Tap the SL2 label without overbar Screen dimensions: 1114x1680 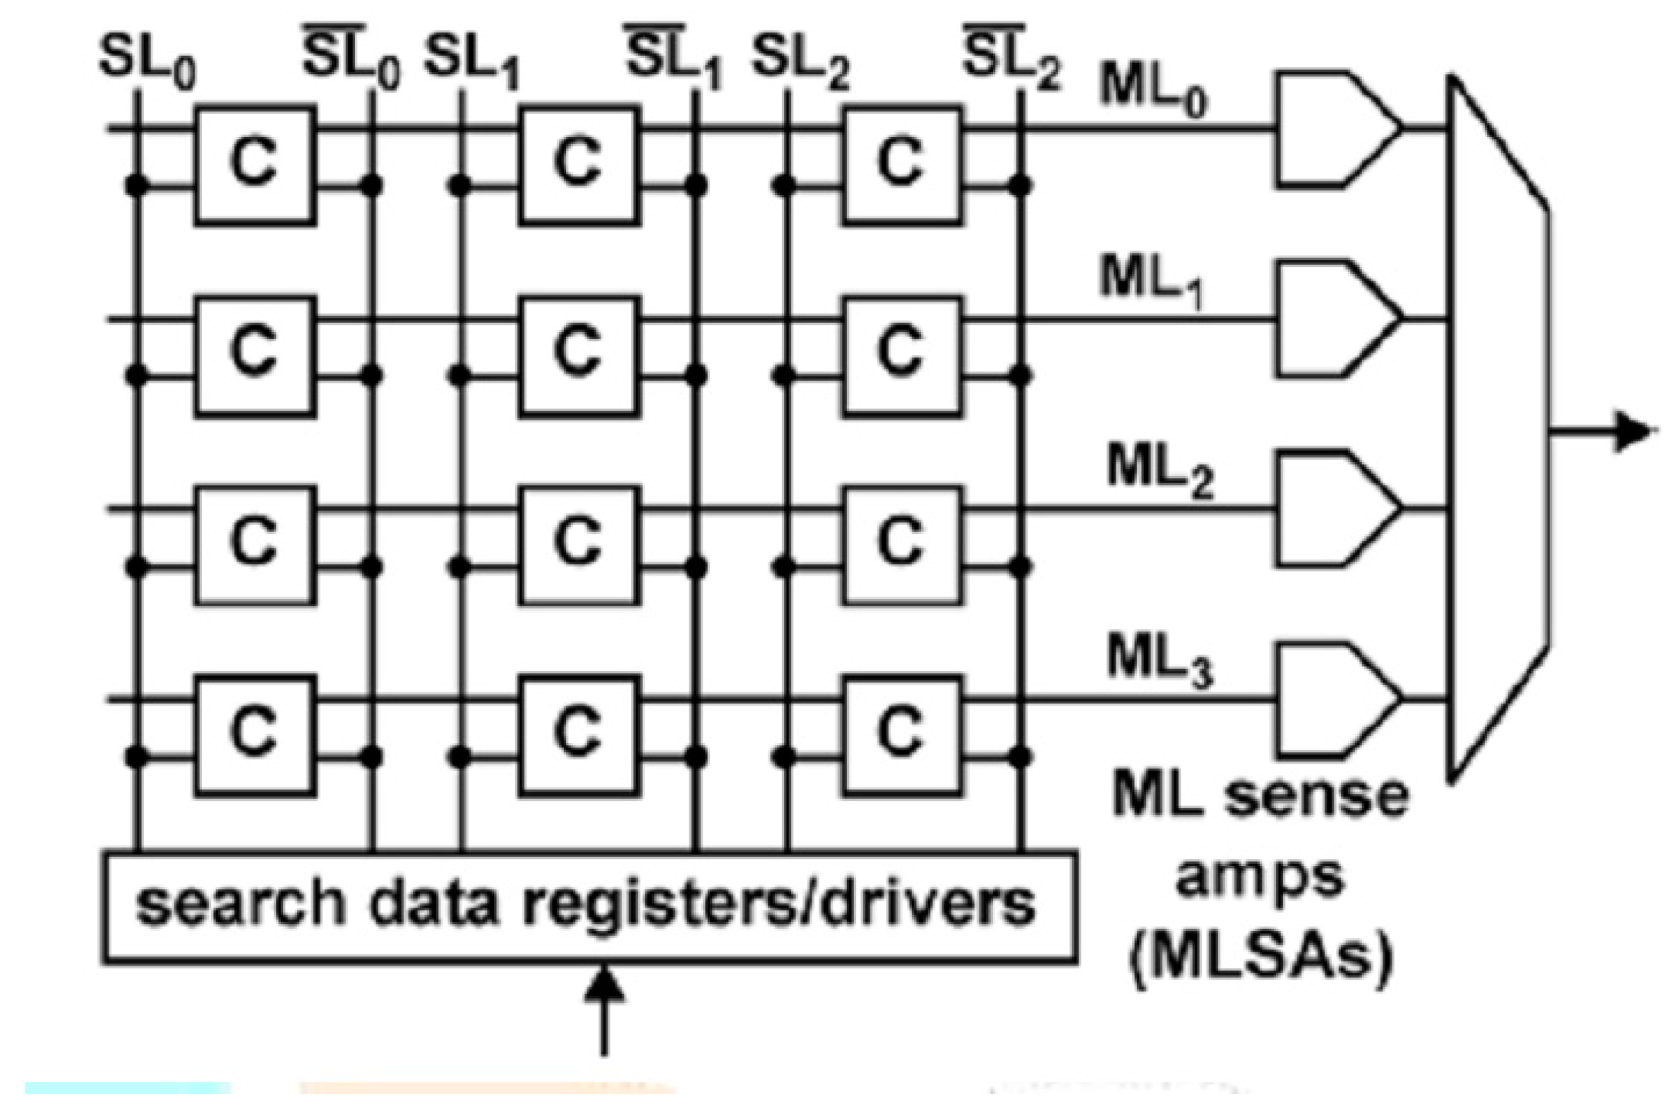800,61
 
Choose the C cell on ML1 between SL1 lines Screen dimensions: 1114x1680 578,356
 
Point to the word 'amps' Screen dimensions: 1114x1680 1259,878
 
